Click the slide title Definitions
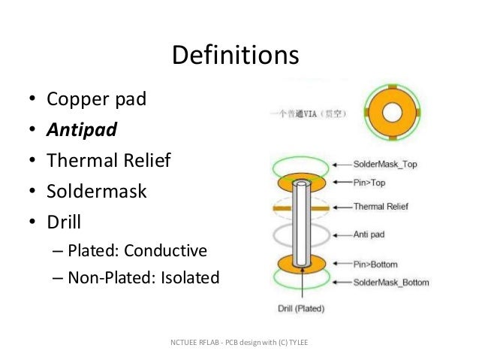pos(235,55)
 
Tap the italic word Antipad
pos(82,130)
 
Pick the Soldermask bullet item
pos(97,191)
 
